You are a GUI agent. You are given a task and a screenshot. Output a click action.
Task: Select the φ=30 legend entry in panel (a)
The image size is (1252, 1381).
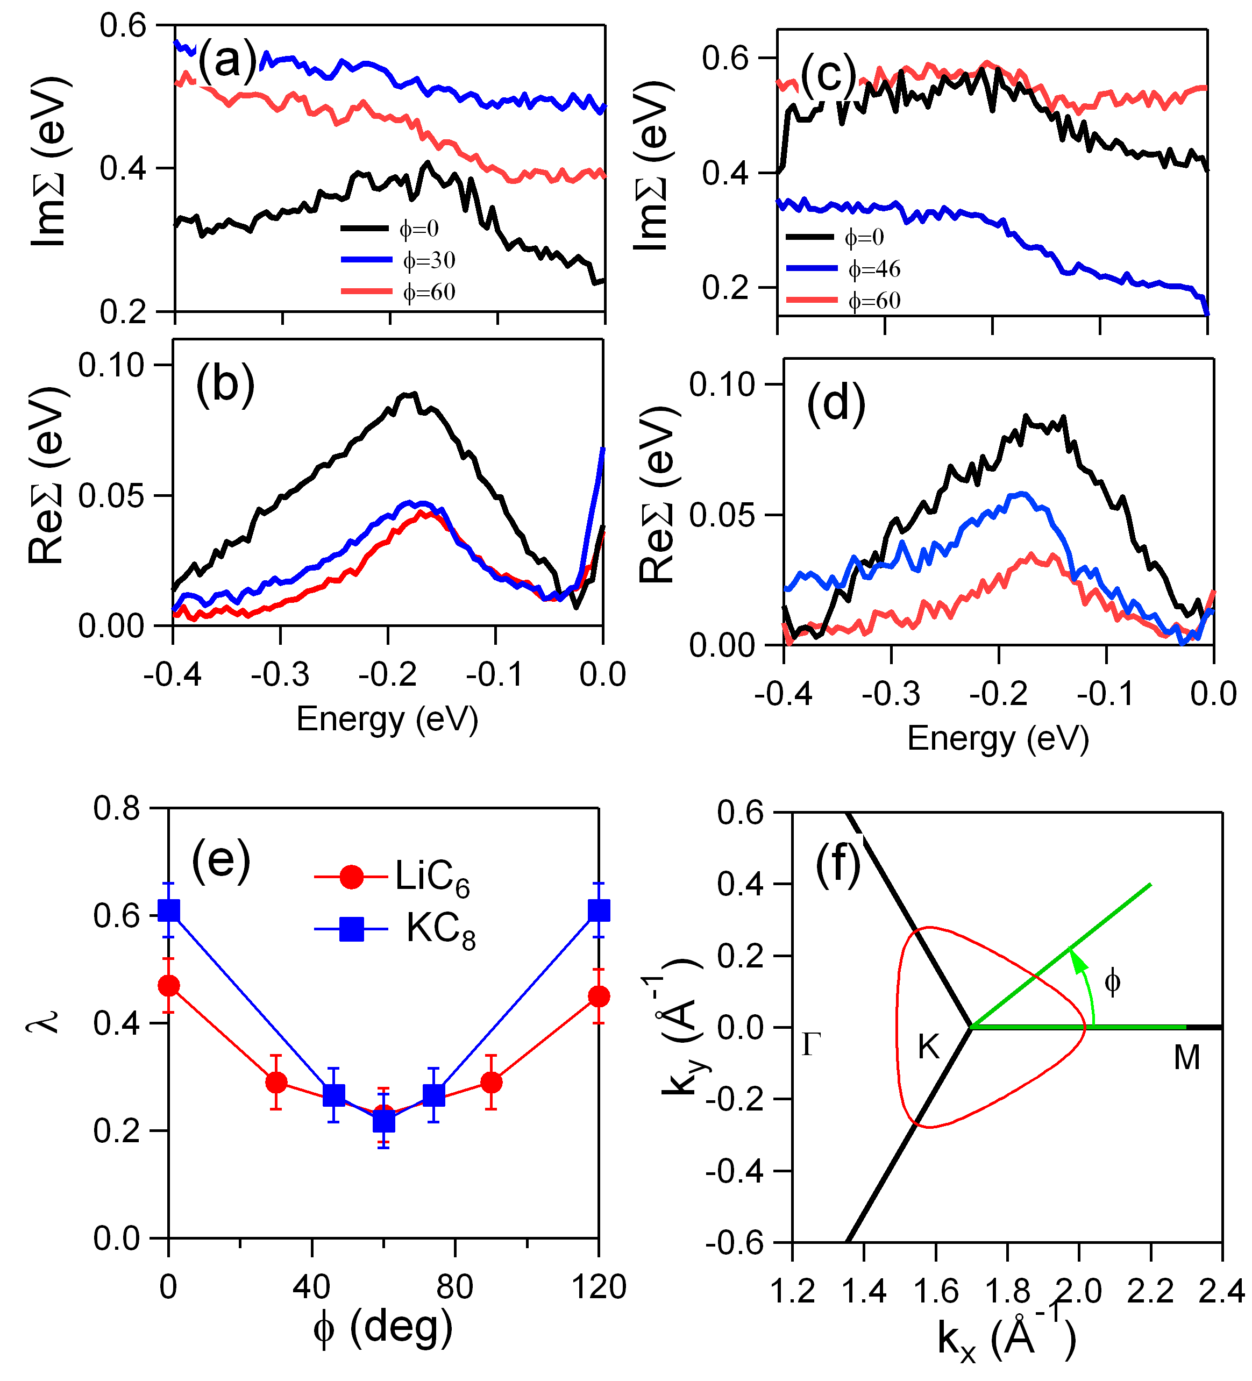point(398,260)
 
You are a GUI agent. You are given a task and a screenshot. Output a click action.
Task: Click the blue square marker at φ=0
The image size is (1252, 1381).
point(169,910)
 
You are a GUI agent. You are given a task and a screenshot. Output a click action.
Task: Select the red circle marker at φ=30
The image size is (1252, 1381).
point(276,1083)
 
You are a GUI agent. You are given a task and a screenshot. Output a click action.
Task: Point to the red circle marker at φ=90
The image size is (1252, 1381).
point(491,1083)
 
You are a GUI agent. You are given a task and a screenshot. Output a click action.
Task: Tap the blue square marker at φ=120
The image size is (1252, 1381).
point(599,910)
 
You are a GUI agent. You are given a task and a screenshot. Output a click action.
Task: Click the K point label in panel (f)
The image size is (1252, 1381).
point(928,1048)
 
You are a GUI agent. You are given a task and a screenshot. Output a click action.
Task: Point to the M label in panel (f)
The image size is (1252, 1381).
point(1186,1058)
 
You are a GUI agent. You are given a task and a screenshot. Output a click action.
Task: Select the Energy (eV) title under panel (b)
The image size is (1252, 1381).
point(387,720)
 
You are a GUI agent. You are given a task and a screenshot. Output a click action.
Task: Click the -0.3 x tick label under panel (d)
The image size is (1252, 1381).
point(891,694)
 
